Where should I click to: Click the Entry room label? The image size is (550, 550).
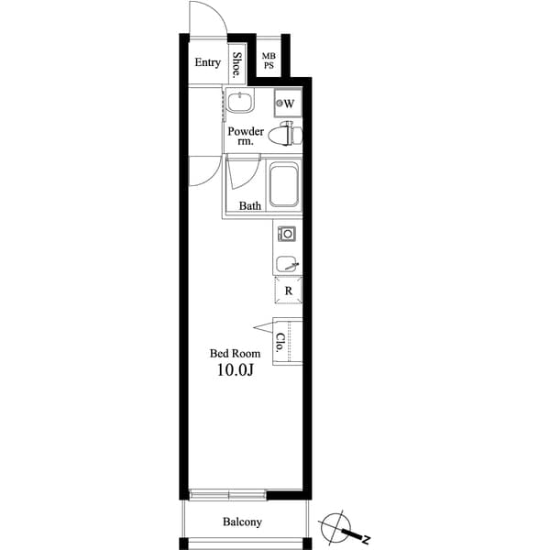coord(207,62)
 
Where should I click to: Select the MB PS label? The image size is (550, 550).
coord(269,61)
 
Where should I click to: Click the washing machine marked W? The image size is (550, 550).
coord(288,103)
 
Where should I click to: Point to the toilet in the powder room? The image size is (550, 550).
coord(286,136)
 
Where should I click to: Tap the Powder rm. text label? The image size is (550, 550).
coord(246,137)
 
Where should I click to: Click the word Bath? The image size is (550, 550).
coord(250,206)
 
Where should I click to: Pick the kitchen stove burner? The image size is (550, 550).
coord(286,234)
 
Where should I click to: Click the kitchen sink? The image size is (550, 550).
coord(287,264)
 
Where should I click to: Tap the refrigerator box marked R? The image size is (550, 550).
coord(288,291)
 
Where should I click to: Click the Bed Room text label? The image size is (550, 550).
coord(235,353)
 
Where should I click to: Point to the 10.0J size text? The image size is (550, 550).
coord(236,371)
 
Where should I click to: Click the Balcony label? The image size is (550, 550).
coord(242,522)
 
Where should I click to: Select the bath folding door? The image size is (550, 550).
coord(240,173)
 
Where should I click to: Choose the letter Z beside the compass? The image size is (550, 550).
coord(364,536)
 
